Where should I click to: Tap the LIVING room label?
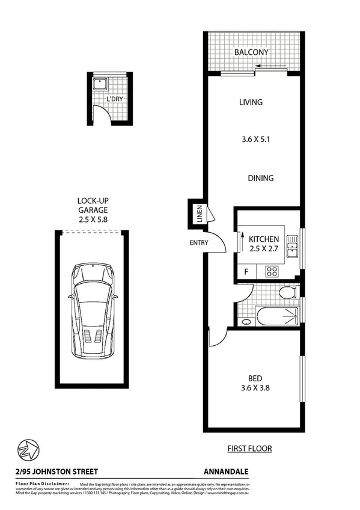pyautogui.click(x=251, y=102)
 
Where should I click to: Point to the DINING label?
pyautogui.click(x=260, y=178)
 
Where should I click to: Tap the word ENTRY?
pyautogui.click(x=198, y=243)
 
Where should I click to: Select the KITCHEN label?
pyautogui.click(x=264, y=239)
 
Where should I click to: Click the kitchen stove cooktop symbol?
pyautogui.click(x=272, y=271)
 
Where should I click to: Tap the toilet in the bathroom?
pyautogui.click(x=288, y=293)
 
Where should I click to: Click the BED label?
pyautogui.click(x=255, y=378)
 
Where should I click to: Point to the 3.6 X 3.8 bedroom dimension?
pyautogui.click(x=255, y=389)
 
